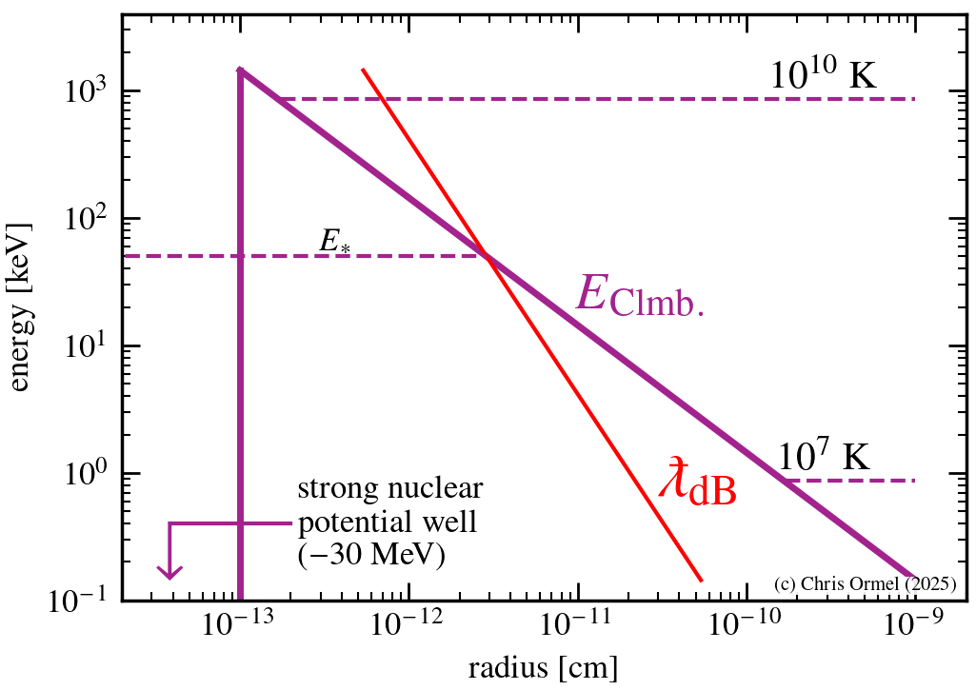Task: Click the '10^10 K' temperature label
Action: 823,75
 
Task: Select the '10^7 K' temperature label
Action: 824,458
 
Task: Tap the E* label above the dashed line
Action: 334,243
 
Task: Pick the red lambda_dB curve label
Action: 697,482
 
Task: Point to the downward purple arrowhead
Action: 169,571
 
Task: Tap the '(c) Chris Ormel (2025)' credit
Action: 865,582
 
